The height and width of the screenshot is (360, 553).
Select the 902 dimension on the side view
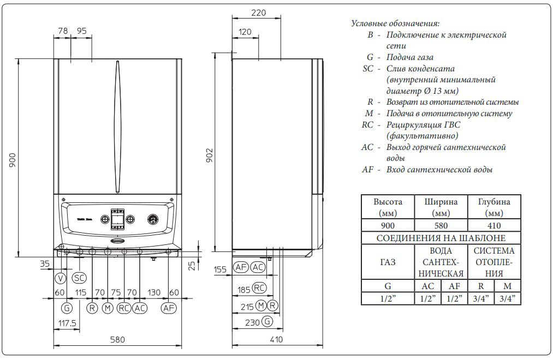[209, 154]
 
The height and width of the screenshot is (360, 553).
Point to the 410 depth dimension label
[277, 340]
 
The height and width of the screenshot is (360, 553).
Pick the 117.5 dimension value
[67, 324]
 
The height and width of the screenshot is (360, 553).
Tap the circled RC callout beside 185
[259, 288]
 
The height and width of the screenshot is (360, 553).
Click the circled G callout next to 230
[266, 322]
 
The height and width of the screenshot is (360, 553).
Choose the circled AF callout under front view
[169, 308]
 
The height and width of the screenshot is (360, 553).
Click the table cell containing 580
[441, 225]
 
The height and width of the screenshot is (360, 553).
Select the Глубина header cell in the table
[493, 207]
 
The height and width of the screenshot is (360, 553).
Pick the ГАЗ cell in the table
[388, 262]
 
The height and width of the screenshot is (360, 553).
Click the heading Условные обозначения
[395, 24]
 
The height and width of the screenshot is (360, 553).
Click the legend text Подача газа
[411, 57]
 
